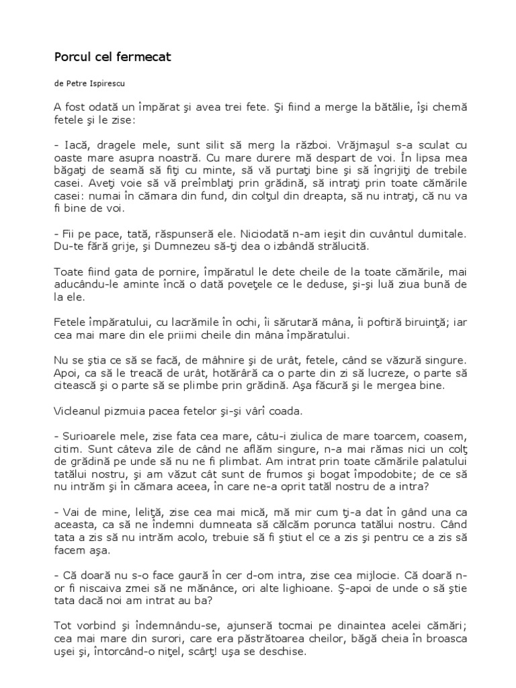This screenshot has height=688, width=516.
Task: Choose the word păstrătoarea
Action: (287, 638)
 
